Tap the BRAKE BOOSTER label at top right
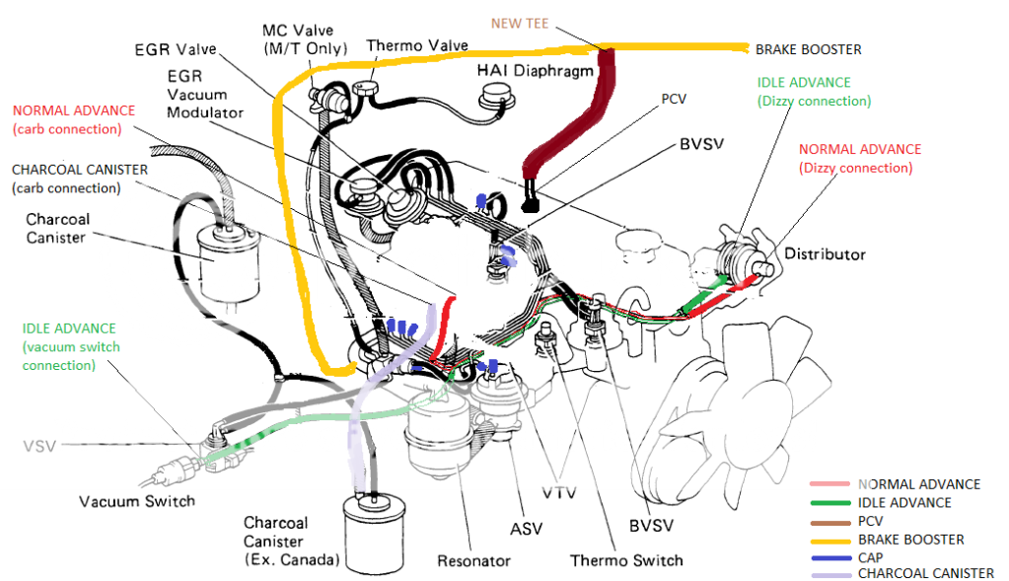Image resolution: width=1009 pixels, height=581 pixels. tap(808, 48)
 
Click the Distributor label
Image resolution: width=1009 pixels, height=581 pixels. tap(825, 254)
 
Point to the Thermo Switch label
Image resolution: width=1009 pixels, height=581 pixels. tap(626, 560)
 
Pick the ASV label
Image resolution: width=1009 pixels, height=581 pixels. tap(526, 530)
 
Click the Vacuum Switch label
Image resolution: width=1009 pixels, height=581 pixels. tap(137, 500)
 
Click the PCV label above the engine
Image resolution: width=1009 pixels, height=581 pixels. tap(674, 100)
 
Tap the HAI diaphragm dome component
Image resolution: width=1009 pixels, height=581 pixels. tap(495, 96)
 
